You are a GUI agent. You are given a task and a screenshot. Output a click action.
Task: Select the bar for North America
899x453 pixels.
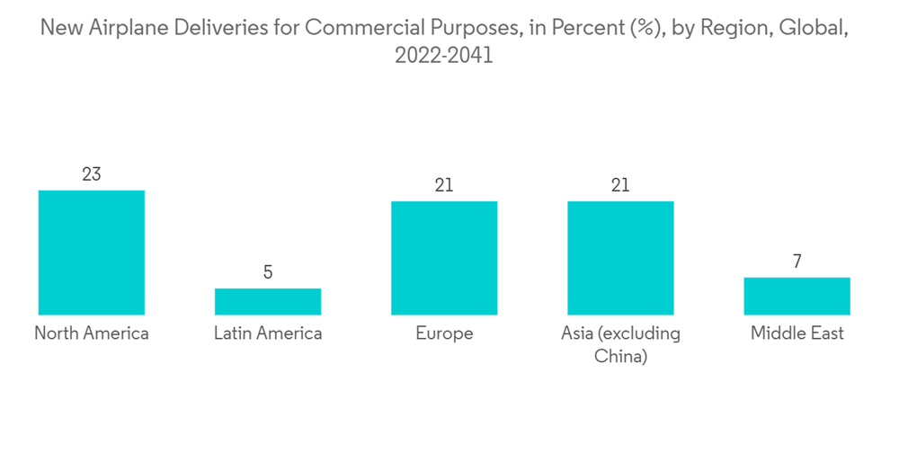pos(92,253)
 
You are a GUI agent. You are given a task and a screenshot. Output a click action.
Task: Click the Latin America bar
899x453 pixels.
pos(268,301)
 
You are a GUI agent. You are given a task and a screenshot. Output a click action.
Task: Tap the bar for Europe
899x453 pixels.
pos(444,258)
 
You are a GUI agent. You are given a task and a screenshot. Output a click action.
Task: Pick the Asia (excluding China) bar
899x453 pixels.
pos(620,258)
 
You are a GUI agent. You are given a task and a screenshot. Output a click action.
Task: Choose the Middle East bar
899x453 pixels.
pos(797,296)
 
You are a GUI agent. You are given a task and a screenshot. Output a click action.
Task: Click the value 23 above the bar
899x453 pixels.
pos(92,174)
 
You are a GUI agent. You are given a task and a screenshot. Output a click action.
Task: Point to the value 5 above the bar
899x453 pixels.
pos(268,272)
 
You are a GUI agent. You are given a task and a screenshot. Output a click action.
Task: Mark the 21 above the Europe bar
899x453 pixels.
pos(444,185)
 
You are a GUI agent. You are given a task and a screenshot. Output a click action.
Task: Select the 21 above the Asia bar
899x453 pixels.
pos(620,185)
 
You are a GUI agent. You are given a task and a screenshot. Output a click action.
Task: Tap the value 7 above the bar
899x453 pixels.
pos(797,262)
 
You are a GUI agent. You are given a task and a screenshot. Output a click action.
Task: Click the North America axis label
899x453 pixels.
pos(92,333)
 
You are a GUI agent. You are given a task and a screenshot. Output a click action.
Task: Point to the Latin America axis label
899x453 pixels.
pos(268,333)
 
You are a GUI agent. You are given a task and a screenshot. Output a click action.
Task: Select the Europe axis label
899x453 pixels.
pos(444,333)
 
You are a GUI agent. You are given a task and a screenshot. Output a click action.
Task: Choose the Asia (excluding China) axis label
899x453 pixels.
pos(620,344)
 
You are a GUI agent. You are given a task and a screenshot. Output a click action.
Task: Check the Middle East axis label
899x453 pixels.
pos(797,333)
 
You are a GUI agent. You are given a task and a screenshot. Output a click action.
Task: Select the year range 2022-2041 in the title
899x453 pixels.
pos(444,55)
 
